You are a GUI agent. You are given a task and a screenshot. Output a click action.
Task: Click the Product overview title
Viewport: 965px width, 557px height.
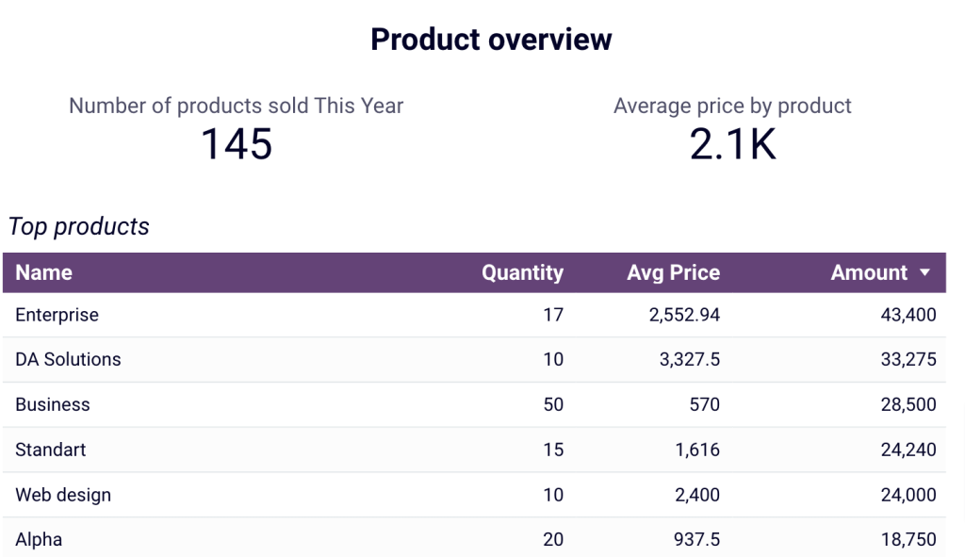(491, 40)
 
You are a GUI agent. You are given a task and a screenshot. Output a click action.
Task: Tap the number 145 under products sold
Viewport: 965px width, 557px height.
(237, 144)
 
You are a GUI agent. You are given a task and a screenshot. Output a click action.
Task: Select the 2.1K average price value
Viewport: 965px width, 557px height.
(732, 144)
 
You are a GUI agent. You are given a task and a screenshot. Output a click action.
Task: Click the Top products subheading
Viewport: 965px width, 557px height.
(79, 227)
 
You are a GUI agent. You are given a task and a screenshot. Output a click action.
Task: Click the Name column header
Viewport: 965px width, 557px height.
(43, 273)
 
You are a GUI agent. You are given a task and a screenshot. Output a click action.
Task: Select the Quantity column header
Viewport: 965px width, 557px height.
(522, 273)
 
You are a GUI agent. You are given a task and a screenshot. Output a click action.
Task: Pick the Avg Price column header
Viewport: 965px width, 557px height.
(673, 273)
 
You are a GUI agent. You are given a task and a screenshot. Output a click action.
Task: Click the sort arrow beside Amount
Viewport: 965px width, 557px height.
(924, 273)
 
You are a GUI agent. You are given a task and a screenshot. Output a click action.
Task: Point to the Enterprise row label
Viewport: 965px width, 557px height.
(57, 315)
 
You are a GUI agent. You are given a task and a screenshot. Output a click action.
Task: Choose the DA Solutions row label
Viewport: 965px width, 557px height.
(68, 359)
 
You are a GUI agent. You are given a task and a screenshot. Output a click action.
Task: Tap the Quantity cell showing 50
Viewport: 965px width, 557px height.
(553, 404)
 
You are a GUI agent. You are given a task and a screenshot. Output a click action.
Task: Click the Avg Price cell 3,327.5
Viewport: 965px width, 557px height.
(684, 359)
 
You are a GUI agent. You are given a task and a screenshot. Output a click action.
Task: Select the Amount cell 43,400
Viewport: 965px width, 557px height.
(908, 315)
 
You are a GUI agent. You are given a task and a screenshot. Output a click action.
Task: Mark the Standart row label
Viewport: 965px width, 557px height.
(51, 450)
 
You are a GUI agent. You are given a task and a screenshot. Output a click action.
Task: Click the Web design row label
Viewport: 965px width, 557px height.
(63, 495)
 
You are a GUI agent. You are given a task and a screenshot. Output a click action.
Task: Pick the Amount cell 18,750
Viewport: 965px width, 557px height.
(908, 540)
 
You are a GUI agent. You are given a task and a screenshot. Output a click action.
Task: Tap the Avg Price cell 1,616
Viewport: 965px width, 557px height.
(696, 450)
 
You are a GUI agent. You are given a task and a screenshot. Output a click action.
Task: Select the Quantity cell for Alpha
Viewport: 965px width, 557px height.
(553, 540)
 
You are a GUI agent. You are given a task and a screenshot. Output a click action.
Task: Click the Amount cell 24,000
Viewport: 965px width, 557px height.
(908, 495)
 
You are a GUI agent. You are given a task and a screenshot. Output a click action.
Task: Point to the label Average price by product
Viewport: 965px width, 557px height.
(732, 106)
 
